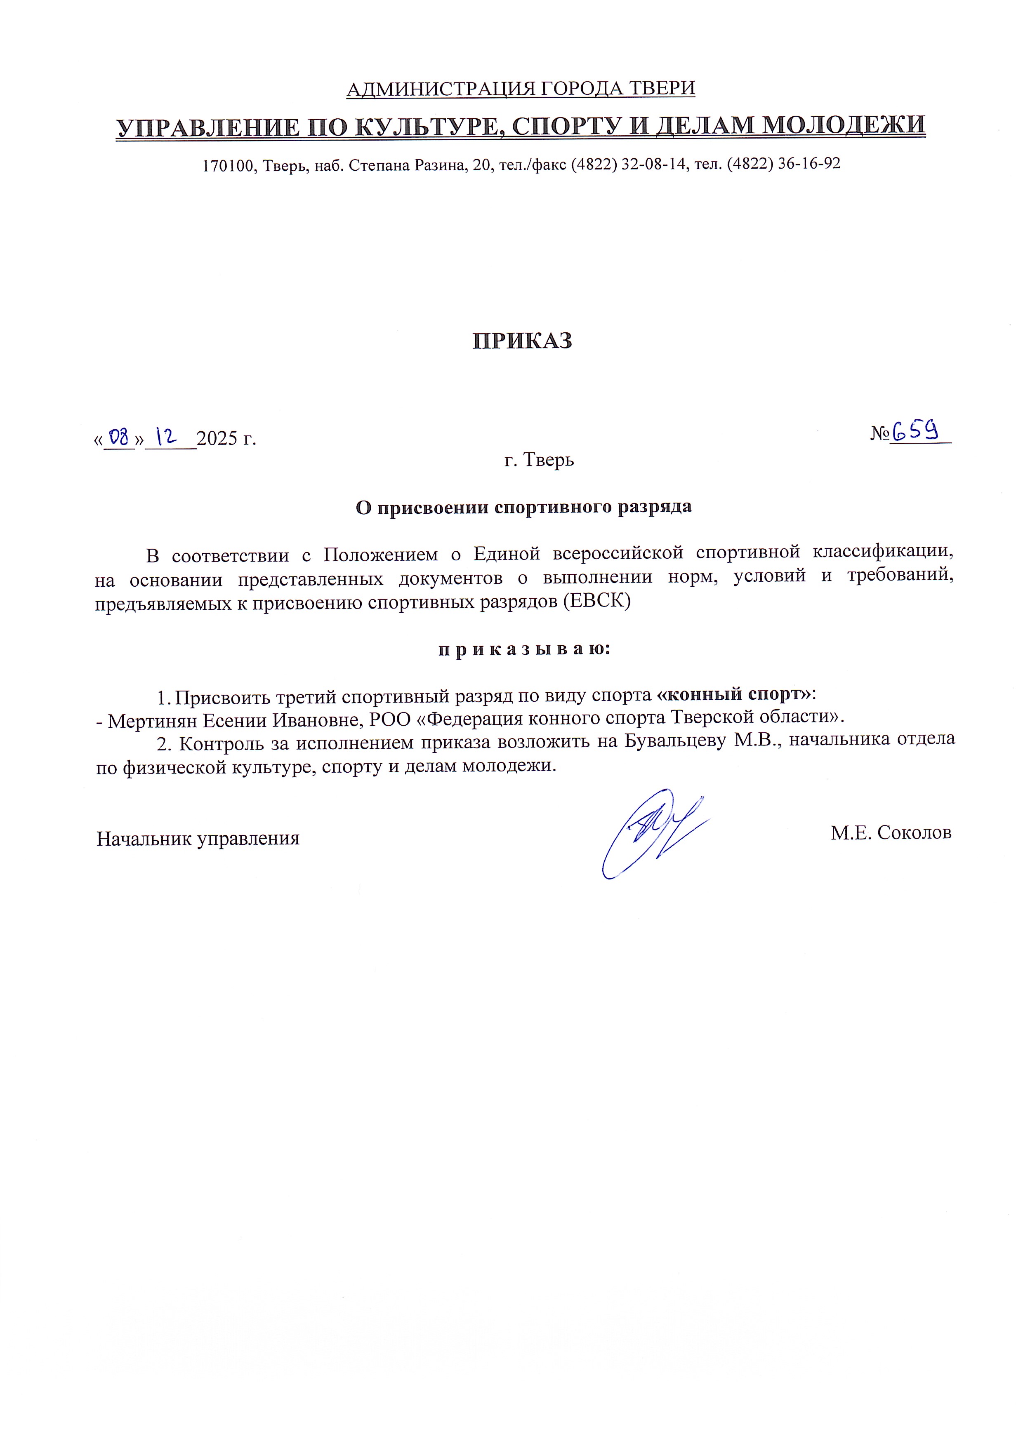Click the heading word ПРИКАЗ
pos(522,341)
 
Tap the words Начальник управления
pos(198,838)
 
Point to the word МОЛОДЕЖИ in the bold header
pos(844,125)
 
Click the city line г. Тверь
pos(539,461)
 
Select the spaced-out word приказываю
pos(524,649)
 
